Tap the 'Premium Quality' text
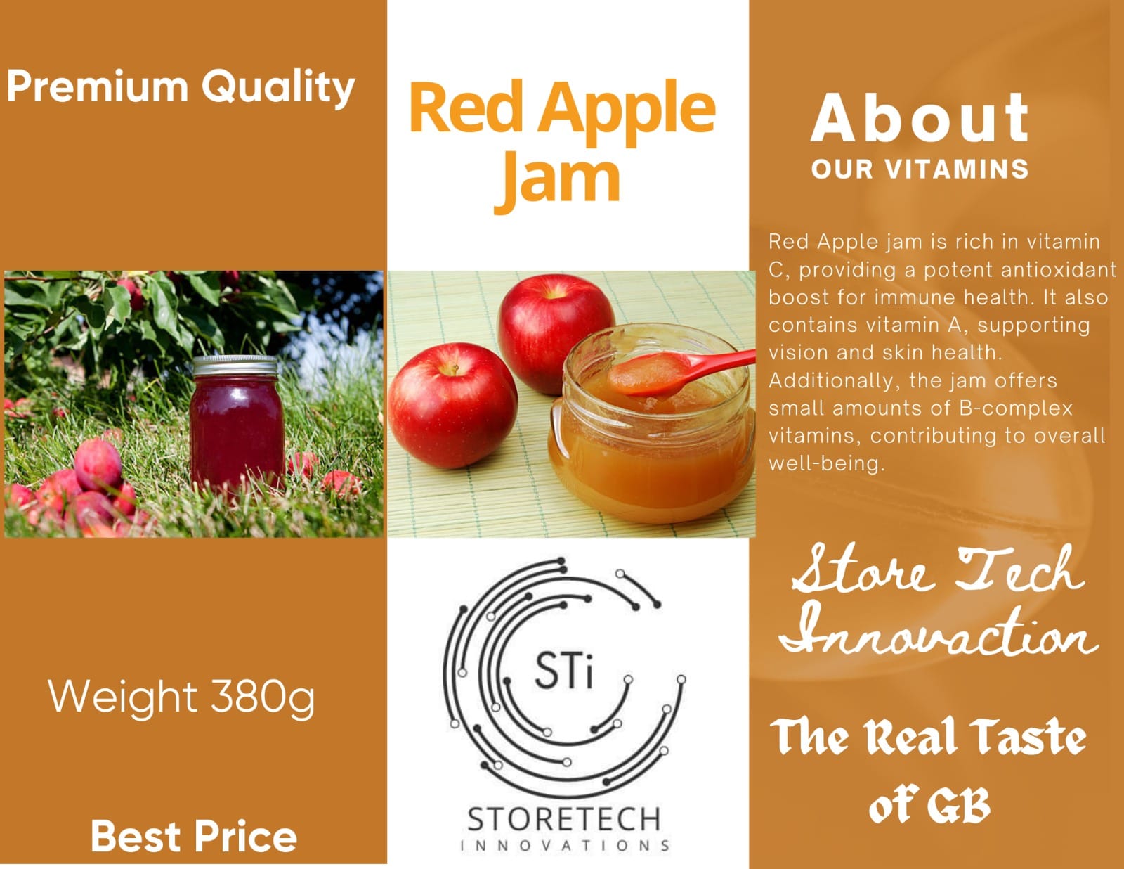[181, 88]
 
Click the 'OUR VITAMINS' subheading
[920, 169]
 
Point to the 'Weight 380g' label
[181, 697]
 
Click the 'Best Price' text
[193, 836]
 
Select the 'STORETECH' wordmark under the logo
[564, 819]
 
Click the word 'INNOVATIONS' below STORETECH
[564, 845]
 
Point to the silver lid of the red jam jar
[236, 366]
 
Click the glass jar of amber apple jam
[650, 443]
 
